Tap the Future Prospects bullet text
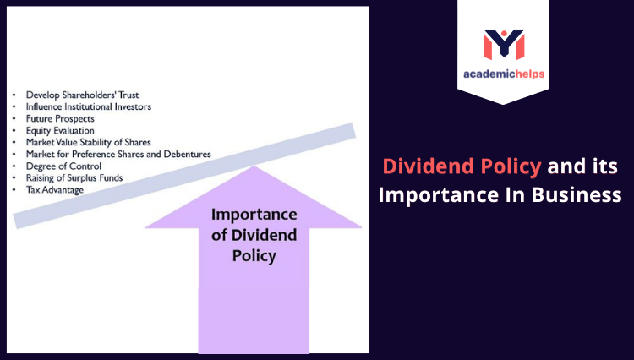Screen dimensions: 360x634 click(62, 119)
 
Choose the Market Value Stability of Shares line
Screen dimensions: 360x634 click(88, 143)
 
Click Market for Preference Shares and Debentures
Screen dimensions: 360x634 click(118, 155)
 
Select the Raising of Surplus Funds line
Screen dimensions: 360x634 click(74, 178)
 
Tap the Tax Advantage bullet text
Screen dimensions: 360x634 click(56, 190)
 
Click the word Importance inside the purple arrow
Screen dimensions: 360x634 click(254, 215)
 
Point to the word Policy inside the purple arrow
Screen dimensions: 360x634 click(254, 255)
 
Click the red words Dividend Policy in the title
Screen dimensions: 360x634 click(462, 166)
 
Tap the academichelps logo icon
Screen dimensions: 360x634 click(503, 44)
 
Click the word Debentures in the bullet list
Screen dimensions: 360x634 click(183, 155)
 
